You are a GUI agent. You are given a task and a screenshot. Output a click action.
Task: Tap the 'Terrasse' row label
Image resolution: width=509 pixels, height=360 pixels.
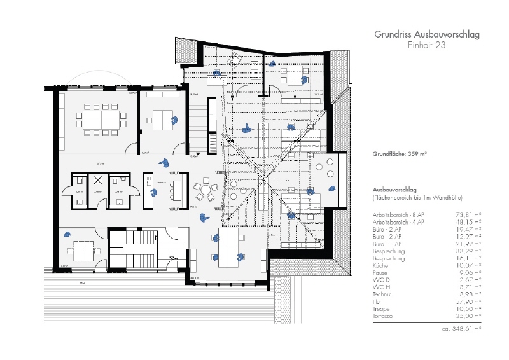pyautogui.click(x=385, y=315)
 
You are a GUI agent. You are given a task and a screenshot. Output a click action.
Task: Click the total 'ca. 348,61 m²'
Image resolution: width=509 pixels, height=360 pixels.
pyautogui.click(x=461, y=329)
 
